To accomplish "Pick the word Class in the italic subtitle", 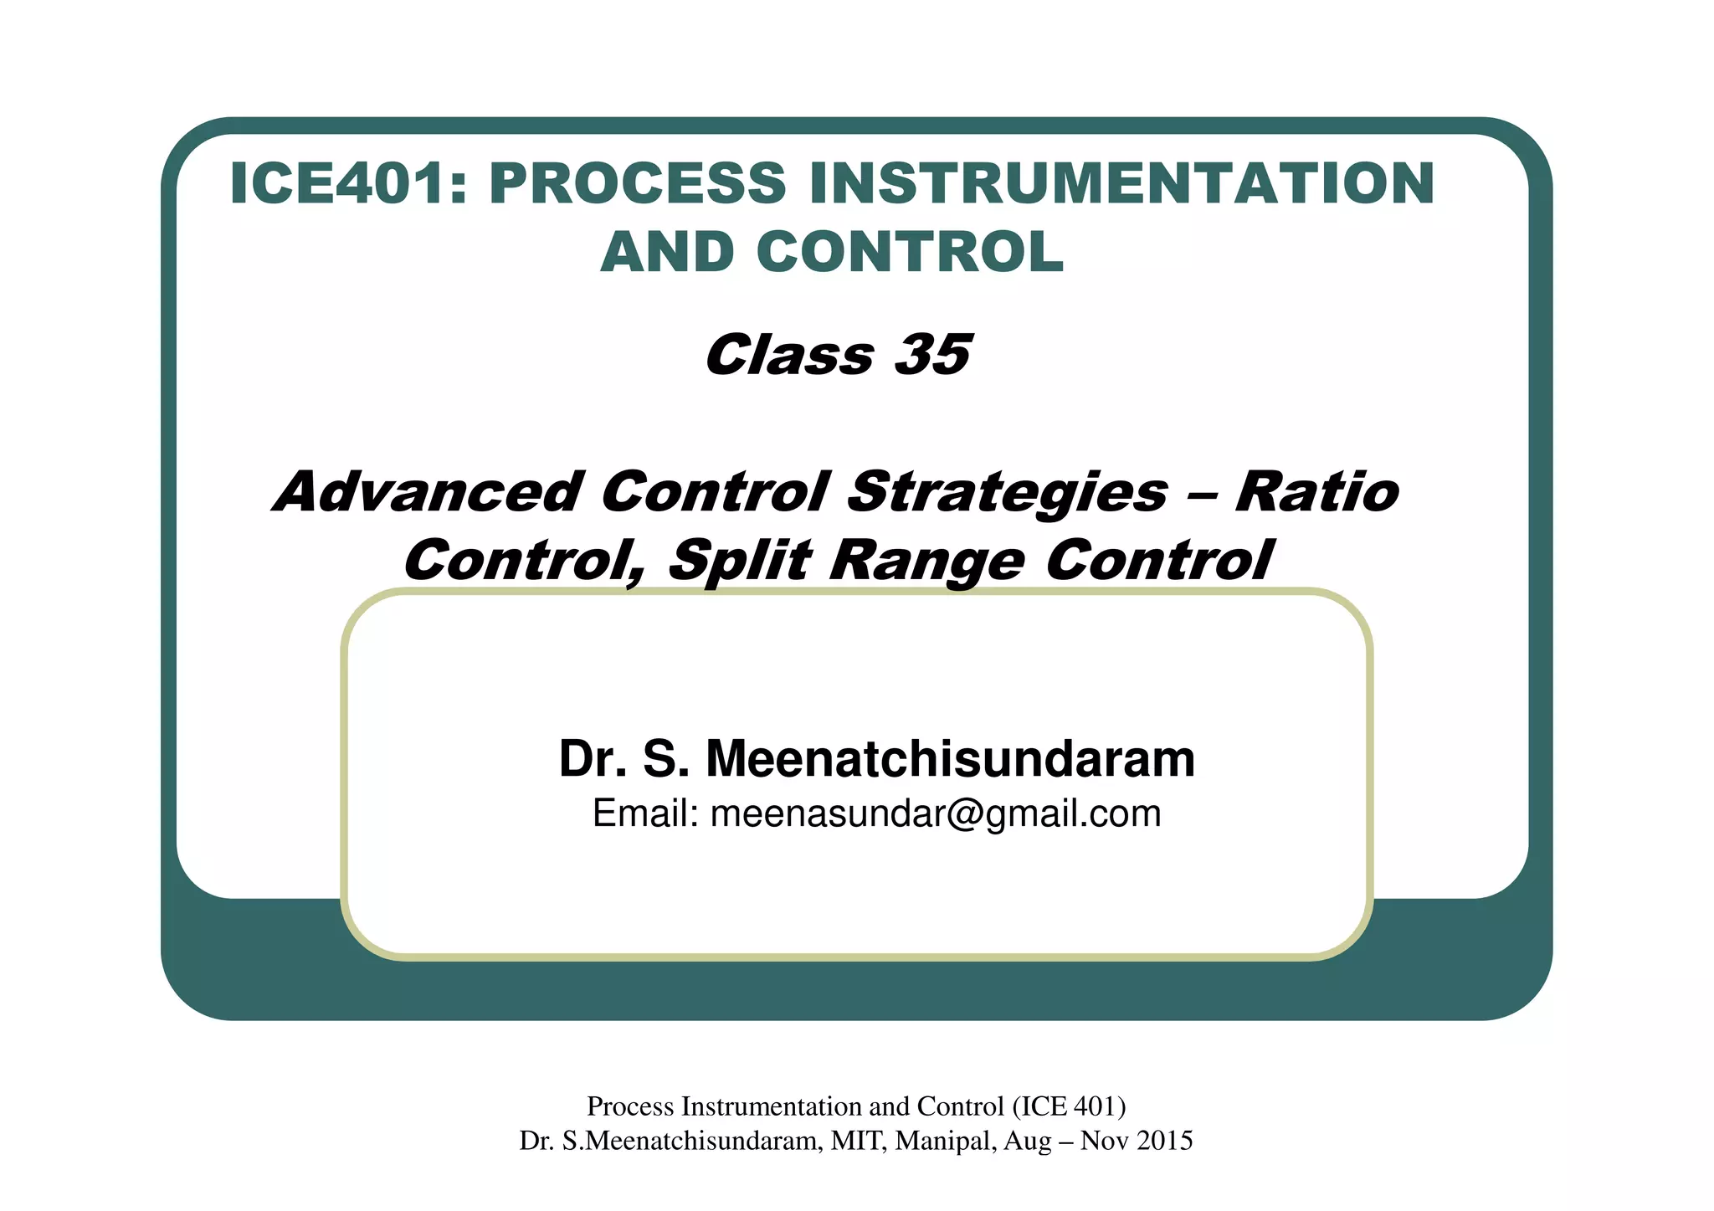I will click(789, 355).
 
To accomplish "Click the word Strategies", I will click(1007, 492).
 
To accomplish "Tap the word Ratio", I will click(1316, 492).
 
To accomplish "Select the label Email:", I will click(645, 813).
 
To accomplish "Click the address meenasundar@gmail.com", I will click(936, 813).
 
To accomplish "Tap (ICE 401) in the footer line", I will click(1069, 1106).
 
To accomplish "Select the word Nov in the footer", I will click(1099, 1141).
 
